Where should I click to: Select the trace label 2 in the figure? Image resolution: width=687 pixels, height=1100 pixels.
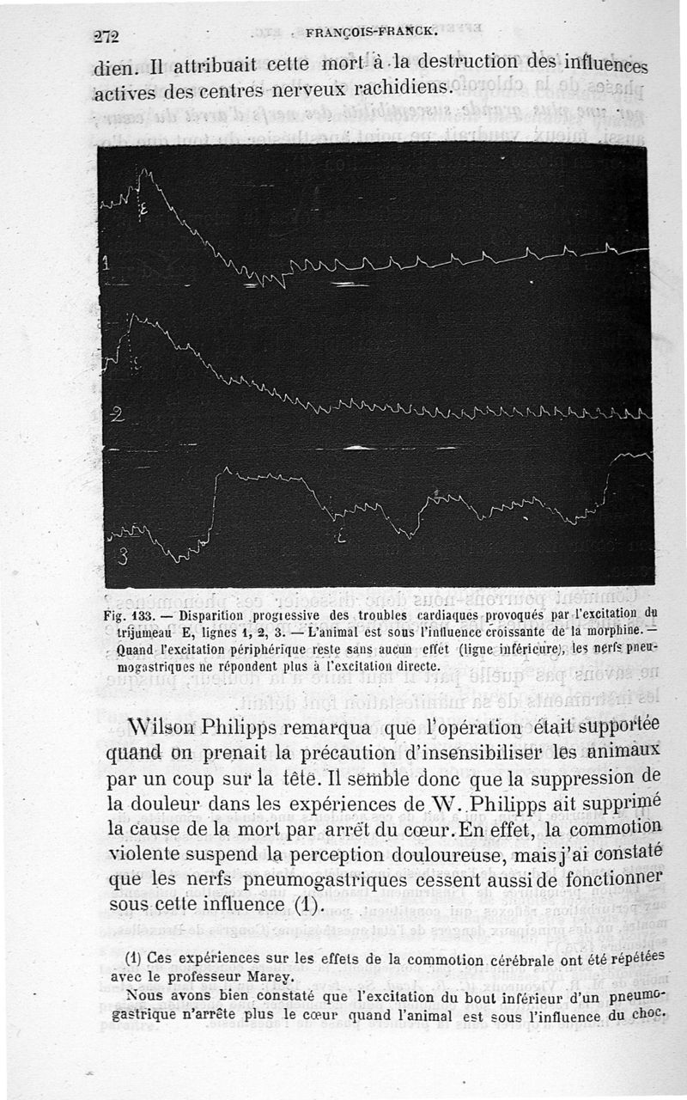[x=118, y=415]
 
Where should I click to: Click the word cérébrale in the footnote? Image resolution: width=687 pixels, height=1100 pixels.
[x=489, y=957]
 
